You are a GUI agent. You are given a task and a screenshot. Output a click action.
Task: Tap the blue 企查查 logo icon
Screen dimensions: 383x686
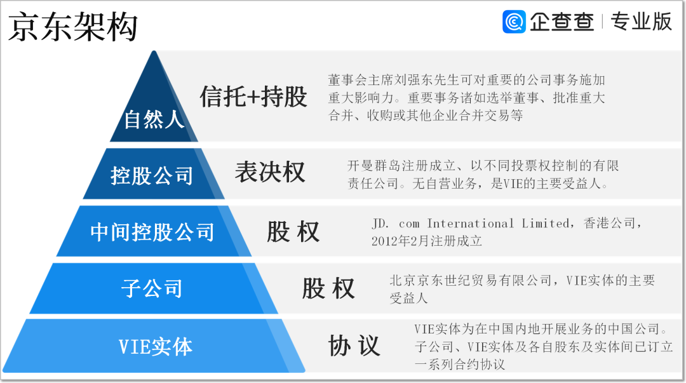[x=514, y=22]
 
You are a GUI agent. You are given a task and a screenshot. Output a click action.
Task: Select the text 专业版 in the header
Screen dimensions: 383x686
[x=641, y=22]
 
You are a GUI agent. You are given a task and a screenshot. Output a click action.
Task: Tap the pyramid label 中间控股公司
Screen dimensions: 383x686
[x=152, y=231]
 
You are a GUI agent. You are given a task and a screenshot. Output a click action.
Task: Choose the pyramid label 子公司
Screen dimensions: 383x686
[x=152, y=289]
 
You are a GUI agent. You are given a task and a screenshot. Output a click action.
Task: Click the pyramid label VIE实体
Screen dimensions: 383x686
[x=155, y=347]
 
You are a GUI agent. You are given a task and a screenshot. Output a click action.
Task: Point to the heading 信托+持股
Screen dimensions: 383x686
[x=253, y=97]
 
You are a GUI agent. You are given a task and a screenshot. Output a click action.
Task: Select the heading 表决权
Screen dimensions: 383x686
[x=269, y=172]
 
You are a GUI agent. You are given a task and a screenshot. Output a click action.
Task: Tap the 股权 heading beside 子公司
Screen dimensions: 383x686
[x=328, y=288]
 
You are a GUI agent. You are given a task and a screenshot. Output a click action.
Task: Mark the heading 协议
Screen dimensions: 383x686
[x=354, y=346]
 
